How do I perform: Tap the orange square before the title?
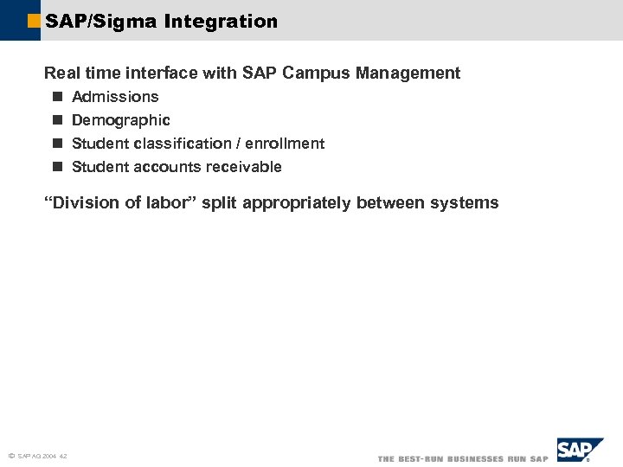coord(34,21)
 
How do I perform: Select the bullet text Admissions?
coord(115,97)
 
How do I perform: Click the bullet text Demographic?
coord(120,120)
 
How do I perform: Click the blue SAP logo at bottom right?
coord(578,451)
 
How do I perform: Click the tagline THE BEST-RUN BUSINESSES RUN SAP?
coord(463,458)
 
